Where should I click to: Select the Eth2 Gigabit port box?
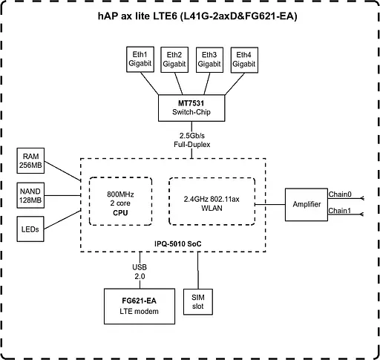(175, 59)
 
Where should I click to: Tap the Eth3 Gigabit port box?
(209, 59)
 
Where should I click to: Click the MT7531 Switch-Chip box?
(191, 106)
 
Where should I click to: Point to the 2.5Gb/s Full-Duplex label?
(191, 140)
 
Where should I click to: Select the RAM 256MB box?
(30, 160)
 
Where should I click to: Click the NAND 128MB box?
(30, 195)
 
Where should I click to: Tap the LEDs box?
(30, 229)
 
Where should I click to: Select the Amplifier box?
(306, 203)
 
